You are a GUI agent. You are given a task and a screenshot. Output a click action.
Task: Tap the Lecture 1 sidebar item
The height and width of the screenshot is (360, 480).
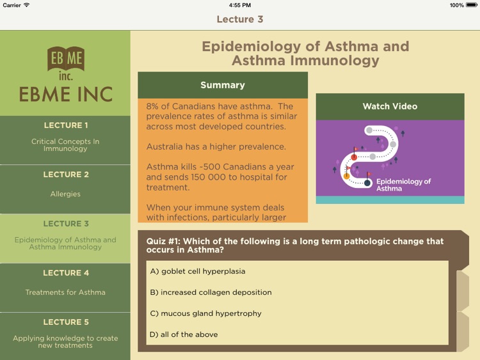click(65, 139)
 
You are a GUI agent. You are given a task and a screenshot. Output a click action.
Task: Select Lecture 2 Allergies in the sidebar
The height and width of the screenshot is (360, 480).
click(65, 189)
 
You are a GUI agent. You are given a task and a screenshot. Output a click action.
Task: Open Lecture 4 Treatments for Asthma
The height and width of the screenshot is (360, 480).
click(65, 287)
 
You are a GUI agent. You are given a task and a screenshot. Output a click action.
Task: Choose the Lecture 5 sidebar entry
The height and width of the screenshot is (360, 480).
click(65, 336)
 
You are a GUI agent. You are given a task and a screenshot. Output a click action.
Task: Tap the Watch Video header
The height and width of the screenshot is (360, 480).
click(390, 107)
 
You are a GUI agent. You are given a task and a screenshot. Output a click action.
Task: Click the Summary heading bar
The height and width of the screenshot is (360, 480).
click(222, 85)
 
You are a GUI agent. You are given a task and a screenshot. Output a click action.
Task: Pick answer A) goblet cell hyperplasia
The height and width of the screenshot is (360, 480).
click(198, 272)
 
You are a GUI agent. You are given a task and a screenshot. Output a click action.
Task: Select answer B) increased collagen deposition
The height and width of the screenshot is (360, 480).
click(211, 293)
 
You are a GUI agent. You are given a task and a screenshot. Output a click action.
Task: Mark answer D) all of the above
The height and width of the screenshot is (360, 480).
click(184, 334)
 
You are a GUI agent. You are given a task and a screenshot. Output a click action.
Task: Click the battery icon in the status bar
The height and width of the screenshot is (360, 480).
click(472, 5)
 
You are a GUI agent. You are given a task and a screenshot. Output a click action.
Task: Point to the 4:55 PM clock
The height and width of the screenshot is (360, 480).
click(239, 5)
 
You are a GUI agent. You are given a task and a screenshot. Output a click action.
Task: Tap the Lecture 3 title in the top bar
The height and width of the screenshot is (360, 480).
click(240, 19)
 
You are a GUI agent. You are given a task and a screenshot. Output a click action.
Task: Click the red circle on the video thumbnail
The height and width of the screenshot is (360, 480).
click(354, 157)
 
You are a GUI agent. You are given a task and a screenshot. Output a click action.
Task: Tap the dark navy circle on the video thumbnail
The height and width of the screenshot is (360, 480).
click(367, 184)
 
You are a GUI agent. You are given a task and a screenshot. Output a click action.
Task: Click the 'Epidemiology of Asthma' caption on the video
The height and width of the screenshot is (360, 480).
click(403, 185)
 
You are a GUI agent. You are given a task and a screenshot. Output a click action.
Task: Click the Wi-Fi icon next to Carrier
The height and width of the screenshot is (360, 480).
click(26, 5)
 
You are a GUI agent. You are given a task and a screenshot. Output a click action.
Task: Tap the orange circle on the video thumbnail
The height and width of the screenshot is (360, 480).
click(347, 176)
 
